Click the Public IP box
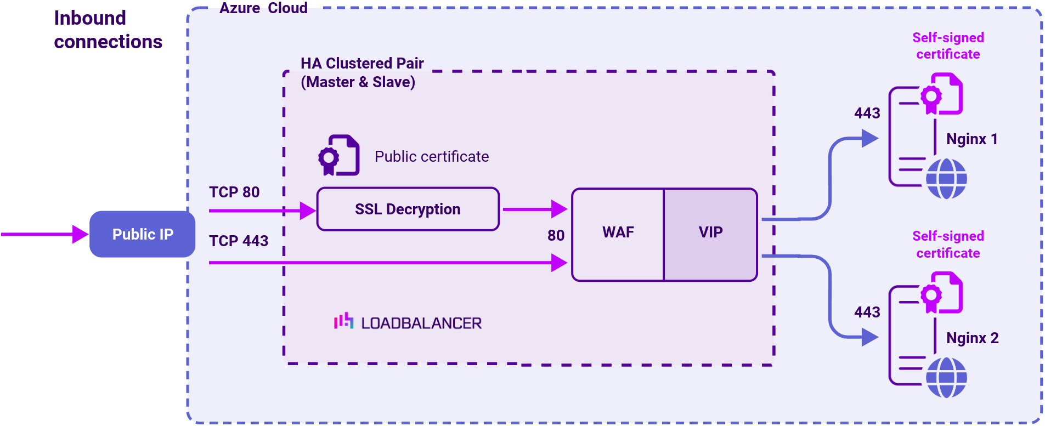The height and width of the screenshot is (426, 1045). (142, 234)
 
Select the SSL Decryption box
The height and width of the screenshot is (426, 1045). (408, 209)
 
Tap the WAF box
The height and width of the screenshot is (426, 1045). (618, 232)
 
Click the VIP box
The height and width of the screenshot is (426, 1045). (710, 232)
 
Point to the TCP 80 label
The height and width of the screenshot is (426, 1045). (234, 192)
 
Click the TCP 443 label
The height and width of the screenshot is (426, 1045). (239, 241)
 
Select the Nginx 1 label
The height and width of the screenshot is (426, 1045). (971, 139)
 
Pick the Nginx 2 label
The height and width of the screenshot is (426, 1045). (972, 338)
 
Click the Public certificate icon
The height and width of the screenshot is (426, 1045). (339, 155)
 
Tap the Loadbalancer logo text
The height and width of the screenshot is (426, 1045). (421, 323)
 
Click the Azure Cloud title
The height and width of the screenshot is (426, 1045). (263, 8)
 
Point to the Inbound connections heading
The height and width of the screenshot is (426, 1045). (108, 30)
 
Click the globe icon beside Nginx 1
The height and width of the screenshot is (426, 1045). (946, 179)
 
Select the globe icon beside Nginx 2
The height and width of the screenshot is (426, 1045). (946, 377)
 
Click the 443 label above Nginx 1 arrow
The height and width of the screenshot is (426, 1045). (867, 113)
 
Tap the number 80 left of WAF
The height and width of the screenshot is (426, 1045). (556, 236)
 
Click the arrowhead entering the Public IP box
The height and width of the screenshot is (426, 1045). (80, 234)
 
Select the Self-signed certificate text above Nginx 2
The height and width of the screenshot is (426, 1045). (948, 245)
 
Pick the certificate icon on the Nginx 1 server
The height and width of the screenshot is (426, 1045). (941, 95)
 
